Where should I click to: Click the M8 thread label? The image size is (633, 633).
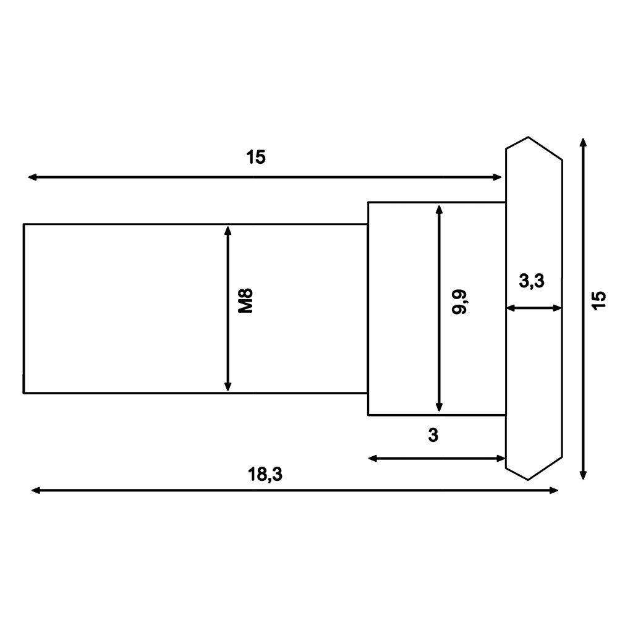point(247,300)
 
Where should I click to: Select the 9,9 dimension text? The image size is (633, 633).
point(459,301)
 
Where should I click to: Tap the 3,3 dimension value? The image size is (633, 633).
point(532,281)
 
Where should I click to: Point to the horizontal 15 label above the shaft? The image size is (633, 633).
point(255,158)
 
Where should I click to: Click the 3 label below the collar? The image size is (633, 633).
point(433,435)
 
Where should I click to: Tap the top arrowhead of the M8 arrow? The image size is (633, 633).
point(228,231)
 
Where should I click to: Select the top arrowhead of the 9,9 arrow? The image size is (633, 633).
point(439,209)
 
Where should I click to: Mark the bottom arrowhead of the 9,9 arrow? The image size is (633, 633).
point(439,407)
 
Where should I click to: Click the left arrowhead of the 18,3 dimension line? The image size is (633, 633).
point(36,490)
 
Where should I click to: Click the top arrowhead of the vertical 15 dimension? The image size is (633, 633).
point(583,143)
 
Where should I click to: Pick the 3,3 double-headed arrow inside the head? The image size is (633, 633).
point(534,307)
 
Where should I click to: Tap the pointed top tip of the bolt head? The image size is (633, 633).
point(528,137)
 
